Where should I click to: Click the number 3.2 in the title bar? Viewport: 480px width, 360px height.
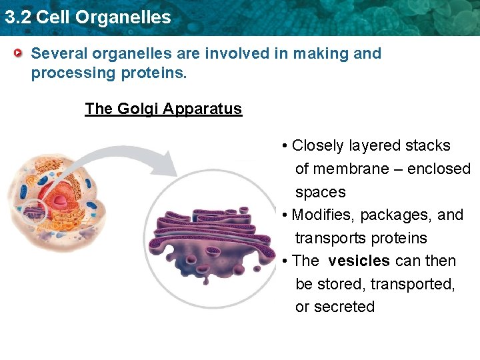click(17, 17)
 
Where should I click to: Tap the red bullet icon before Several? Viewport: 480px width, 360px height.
click(20, 53)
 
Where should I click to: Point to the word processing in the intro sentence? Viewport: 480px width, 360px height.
click(72, 73)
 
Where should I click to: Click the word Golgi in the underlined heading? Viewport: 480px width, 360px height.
click(139, 109)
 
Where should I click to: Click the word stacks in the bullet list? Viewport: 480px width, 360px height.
click(427, 145)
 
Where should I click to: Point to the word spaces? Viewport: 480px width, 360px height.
click(320, 192)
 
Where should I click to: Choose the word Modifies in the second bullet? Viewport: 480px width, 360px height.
click(321, 215)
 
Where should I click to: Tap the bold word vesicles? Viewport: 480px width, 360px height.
click(359, 261)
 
